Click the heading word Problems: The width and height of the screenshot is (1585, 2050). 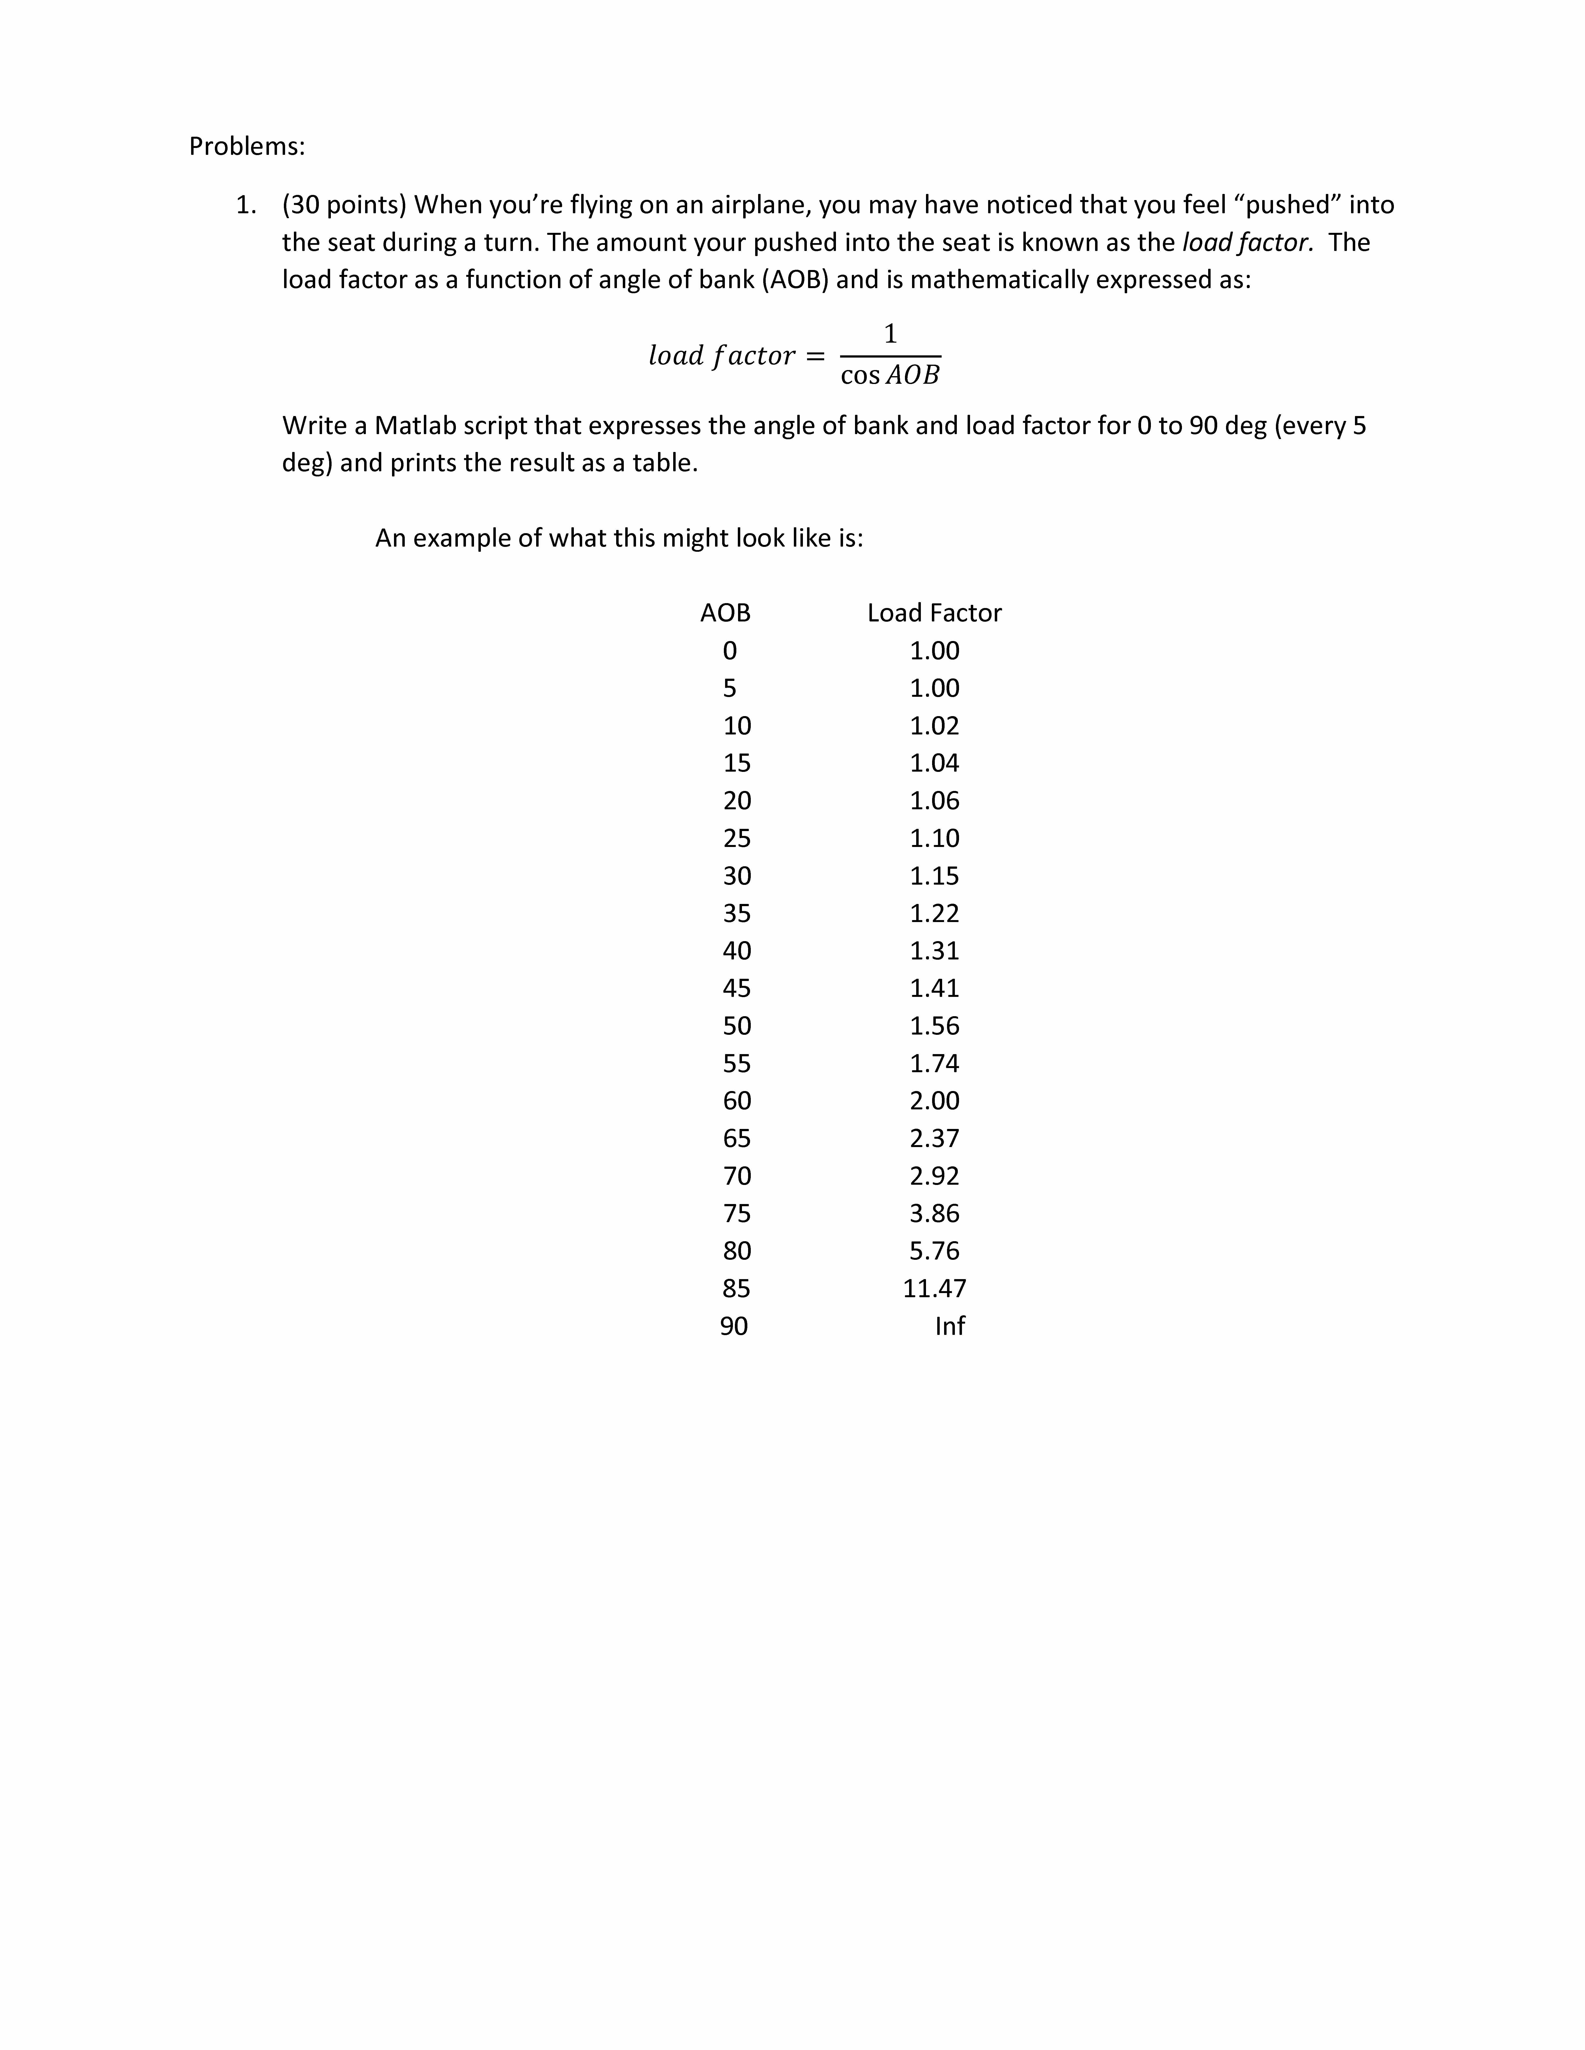(x=247, y=146)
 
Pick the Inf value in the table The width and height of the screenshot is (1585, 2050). (x=949, y=1326)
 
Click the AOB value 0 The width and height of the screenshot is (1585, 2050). (x=729, y=651)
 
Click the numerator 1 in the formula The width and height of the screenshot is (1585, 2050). (x=890, y=333)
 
